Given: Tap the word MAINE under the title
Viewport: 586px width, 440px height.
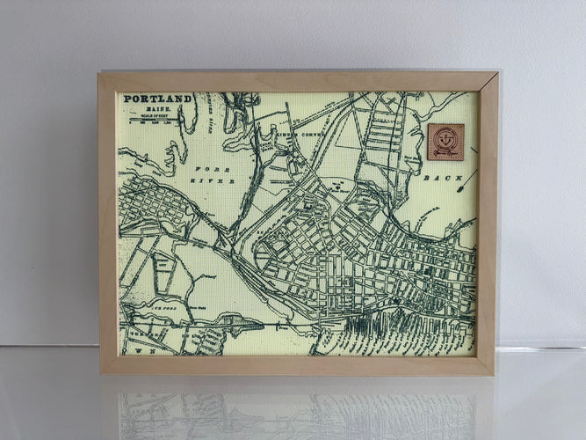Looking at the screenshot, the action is click(x=157, y=108).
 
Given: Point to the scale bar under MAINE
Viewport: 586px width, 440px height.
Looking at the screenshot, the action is click(x=158, y=121).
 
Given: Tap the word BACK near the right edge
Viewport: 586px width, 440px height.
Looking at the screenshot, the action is click(x=436, y=178).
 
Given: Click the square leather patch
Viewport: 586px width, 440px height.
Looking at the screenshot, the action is click(x=445, y=141).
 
